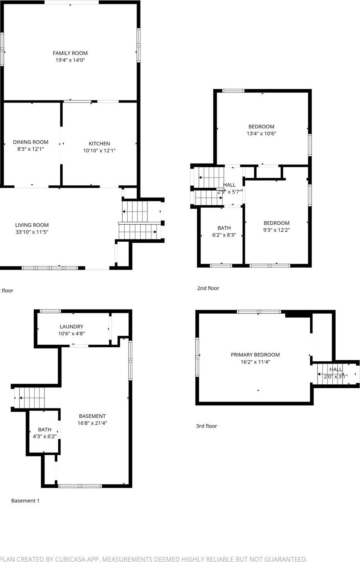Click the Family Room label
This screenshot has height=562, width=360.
pos(70,53)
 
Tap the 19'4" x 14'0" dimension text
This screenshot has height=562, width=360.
pos(70,60)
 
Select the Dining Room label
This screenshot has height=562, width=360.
pos(31,142)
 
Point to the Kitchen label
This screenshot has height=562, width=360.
pos(99,143)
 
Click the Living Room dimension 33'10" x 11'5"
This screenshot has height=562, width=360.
pos(32,232)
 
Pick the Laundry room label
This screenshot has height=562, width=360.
pos(71,326)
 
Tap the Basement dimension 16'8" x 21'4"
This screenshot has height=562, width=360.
pos(92,423)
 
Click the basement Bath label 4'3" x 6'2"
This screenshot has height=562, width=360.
pos(45,429)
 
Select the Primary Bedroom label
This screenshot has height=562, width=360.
pos(255,355)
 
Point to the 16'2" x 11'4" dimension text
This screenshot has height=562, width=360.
pos(255,362)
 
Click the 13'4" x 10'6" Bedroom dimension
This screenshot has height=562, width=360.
pos(261,133)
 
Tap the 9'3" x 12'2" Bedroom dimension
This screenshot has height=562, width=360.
pos(276,230)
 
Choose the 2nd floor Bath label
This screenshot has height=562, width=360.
pos(224,228)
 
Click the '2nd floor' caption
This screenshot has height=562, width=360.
pos(208,288)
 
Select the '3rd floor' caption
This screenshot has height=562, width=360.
pos(206,426)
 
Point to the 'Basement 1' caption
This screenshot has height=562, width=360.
pos(25,501)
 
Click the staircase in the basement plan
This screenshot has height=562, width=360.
pos(30,398)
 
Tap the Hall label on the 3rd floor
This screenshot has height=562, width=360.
pos(336,369)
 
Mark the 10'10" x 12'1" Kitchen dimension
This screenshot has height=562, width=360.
pos(99,150)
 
